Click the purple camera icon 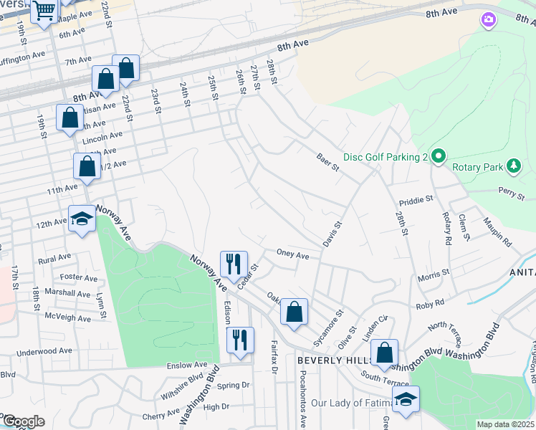489,19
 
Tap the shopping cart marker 45,11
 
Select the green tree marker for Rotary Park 513,167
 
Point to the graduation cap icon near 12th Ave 82,218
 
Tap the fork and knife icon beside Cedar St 234,264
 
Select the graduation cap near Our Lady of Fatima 406,399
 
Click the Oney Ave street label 292,255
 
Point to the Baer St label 327,161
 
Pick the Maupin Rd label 498,232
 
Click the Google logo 23,421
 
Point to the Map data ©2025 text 505,424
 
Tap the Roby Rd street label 430,304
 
